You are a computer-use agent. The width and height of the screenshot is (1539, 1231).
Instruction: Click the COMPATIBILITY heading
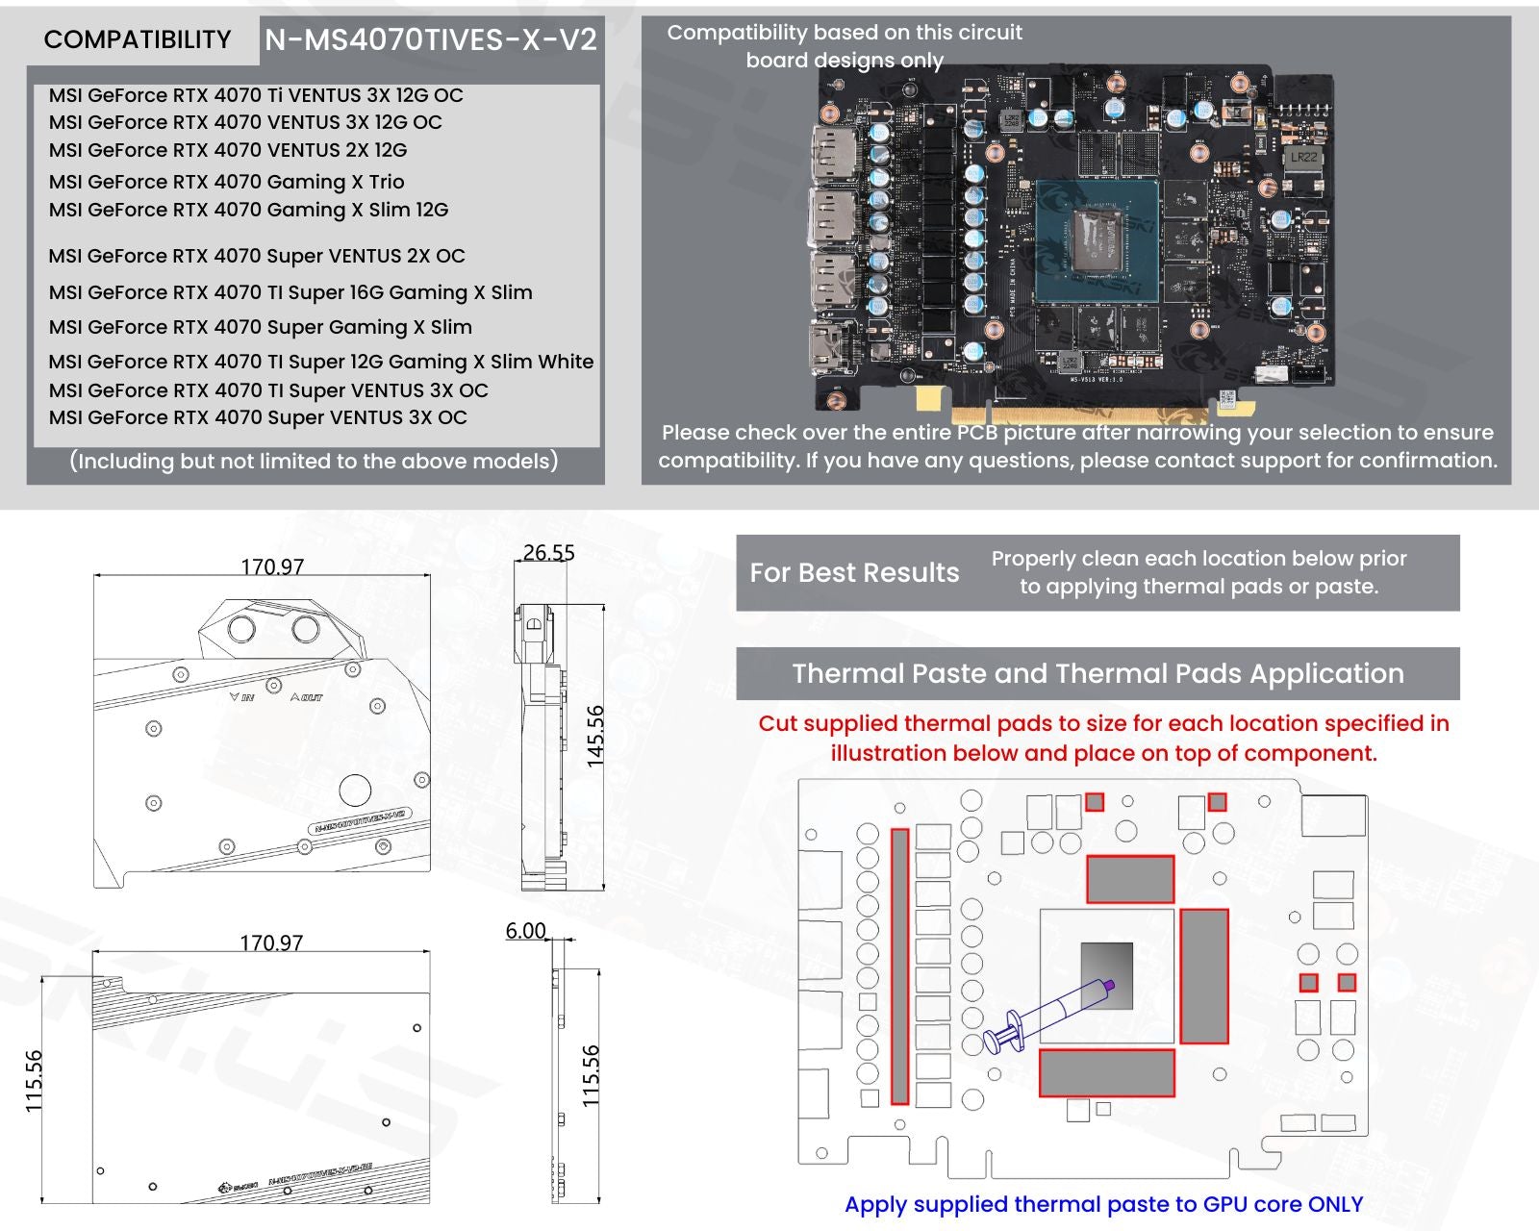click(138, 39)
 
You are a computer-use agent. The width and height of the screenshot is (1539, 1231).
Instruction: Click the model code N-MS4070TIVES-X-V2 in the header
click(431, 39)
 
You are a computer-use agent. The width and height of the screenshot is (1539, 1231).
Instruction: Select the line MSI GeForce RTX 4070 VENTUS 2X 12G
click(228, 150)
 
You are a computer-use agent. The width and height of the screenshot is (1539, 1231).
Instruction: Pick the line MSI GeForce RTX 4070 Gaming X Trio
click(226, 182)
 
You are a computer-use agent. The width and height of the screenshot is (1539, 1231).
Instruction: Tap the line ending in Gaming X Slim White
click(321, 362)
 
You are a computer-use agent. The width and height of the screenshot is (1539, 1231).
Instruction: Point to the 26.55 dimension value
click(548, 553)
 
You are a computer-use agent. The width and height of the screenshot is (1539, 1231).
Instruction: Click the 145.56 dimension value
click(595, 736)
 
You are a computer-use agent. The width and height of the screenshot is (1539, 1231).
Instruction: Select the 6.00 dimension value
click(525, 931)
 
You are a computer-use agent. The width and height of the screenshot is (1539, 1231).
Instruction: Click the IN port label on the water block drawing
click(242, 696)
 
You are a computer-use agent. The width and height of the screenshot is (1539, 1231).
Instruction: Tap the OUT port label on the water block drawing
click(307, 696)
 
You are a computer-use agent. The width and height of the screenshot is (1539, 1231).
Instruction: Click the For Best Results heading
click(854, 573)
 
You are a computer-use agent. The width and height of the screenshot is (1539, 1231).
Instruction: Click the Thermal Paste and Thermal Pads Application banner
click(1097, 673)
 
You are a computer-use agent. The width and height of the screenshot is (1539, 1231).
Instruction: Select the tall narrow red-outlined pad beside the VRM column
click(900, 967)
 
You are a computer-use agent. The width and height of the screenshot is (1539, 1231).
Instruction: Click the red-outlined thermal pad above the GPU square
click(1130, 879)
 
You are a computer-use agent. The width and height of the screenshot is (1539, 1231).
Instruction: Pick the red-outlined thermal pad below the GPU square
click(1107, 1072)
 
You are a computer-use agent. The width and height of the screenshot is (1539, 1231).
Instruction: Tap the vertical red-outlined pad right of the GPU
click(1204, 976)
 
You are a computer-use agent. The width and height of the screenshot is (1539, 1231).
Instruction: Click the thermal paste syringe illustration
click(1048, 1015)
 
